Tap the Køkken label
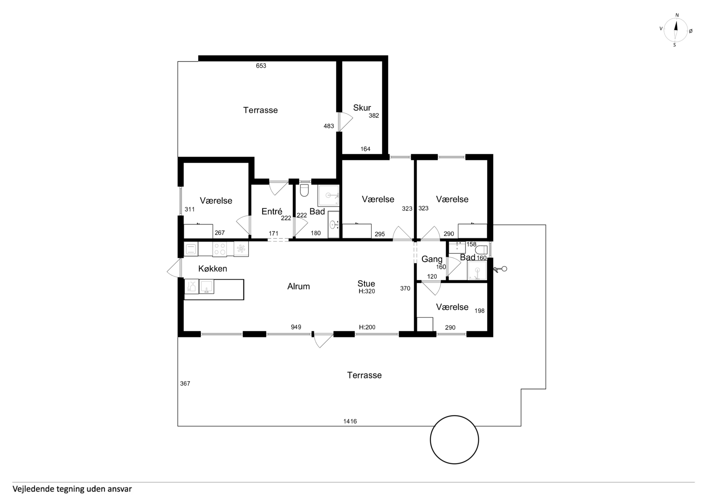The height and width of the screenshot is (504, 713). [x=213, y=269]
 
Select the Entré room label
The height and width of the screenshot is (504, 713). [x=272, y=211]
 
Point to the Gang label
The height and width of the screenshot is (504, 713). [x=432, y=259]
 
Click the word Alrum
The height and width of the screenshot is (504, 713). [x=298, y=286]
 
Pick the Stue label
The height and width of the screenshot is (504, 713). [x=366, y=283]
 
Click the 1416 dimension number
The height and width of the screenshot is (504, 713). [x=350, y=421]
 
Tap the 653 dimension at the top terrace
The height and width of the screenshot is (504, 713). [x=261, y=66]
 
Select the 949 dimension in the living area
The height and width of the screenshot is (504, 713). [x=296, y=327]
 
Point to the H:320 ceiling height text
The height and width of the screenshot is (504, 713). [x=367, y=291]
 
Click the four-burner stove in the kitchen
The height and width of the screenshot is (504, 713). [x=219, y=249]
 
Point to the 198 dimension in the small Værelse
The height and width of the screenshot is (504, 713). [x=479, y=311]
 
